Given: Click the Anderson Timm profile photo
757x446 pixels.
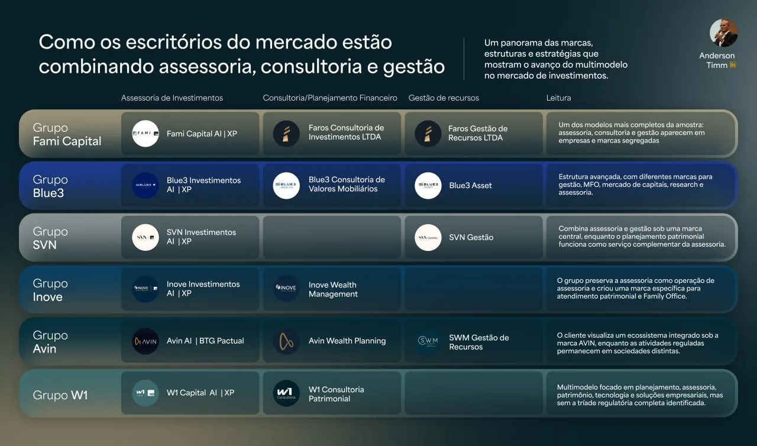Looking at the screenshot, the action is click(723, 33).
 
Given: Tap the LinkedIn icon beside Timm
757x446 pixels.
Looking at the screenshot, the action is click(732, 65).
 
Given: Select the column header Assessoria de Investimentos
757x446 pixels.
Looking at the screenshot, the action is click(172, 98).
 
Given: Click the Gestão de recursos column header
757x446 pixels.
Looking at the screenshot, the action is click(444, 98).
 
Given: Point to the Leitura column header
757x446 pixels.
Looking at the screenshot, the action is click(558, 98).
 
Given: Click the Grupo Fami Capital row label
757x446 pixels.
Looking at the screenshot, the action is click(67, 134).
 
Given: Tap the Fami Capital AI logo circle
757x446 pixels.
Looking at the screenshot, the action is click(145, 134).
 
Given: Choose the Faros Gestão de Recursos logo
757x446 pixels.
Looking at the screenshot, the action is click(428, 134).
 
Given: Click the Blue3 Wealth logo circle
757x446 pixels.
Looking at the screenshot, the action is click(286, 186).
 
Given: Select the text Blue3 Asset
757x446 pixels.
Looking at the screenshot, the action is click(470, 186).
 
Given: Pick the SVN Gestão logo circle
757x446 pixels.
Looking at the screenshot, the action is click(428, 238).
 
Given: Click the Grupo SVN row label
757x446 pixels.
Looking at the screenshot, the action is click(50, 238).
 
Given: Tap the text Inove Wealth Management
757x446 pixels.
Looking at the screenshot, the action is click(333, 289).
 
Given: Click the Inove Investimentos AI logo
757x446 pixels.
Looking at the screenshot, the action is click(145, 289).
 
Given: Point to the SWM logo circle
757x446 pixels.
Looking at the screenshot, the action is click(428, 341).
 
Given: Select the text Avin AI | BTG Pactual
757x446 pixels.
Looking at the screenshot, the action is click(205, 341).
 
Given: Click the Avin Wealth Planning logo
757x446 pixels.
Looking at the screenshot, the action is click(286, 341).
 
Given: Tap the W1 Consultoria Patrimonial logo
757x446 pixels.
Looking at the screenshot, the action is click(286, 393).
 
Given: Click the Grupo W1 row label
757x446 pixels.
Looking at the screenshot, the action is click(60, 395).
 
